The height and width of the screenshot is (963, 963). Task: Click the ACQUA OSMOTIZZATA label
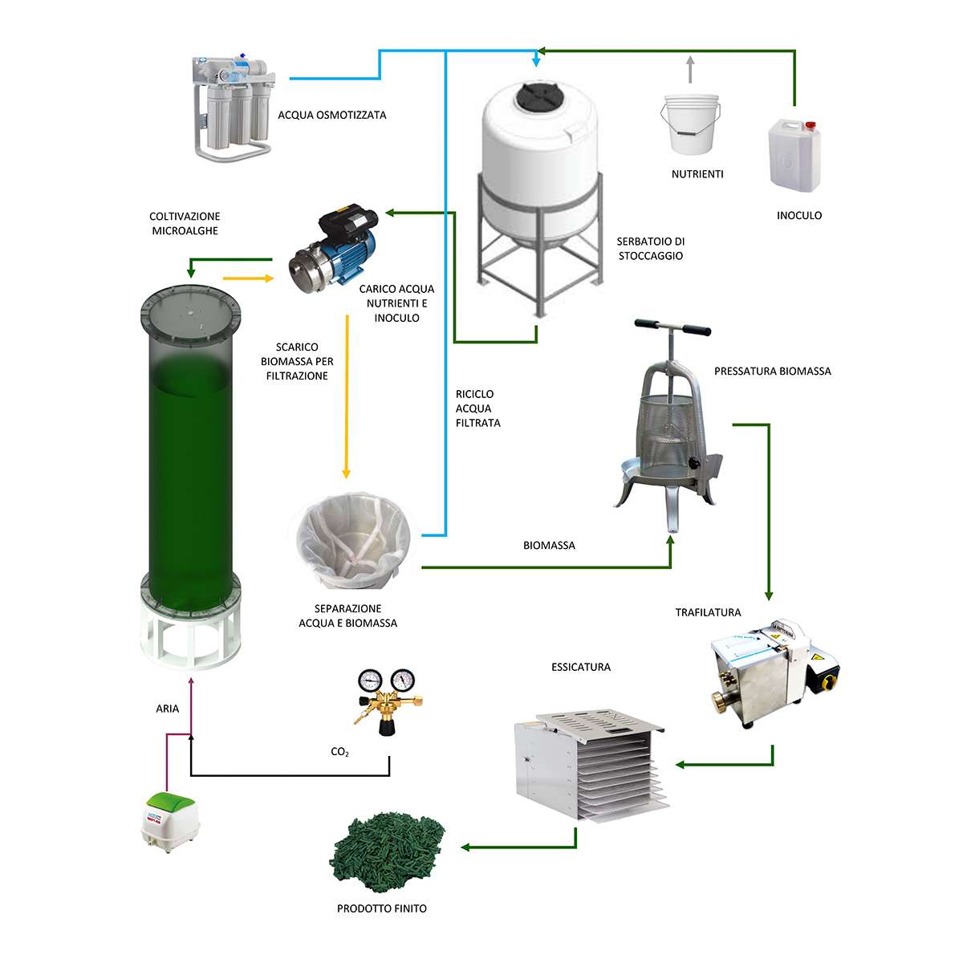tap(331, 115)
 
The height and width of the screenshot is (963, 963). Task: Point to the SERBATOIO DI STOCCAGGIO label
tap(651, 248)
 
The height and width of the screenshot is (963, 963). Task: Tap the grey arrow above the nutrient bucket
tap(690, 69)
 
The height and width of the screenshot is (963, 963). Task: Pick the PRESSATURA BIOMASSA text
tap(772, 372)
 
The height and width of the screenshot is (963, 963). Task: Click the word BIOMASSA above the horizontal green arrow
tap(549, 545)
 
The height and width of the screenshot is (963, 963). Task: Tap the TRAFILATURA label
tap(708, 612)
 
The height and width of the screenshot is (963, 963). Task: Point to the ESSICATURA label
tap(581, 667)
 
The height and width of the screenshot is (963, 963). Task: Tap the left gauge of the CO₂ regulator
tap(370, 681)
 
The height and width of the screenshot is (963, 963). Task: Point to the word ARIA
tap(168, 708)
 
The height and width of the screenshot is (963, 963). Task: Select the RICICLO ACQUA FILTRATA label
tap(477, 408)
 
